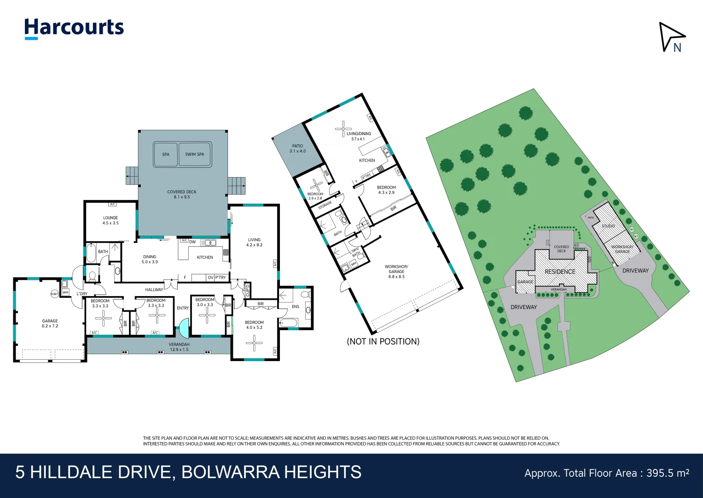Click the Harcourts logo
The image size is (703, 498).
coord(74,28)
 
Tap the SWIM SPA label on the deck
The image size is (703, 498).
coord(194,154)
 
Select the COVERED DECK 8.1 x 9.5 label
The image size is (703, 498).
coord(182,194)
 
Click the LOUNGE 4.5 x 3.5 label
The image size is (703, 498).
coord(110,220)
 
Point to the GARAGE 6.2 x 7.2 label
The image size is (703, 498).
coord(50,323)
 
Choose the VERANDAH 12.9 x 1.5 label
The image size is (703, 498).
coord(179,347)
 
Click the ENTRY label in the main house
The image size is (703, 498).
coord(183,308)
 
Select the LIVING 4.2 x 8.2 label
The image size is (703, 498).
coord(254,242)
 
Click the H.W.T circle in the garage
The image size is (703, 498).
coord(55,294)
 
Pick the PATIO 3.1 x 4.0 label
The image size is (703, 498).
coord(297,148)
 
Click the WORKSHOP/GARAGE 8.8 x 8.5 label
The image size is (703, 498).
coord(396,272)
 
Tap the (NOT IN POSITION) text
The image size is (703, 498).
coord(383,342)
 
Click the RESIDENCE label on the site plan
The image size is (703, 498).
coord(560,272)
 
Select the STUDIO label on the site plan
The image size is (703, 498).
coord(608,226)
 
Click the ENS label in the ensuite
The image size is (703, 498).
coord(296,307)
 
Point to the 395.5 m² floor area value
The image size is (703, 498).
coord(668,473)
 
